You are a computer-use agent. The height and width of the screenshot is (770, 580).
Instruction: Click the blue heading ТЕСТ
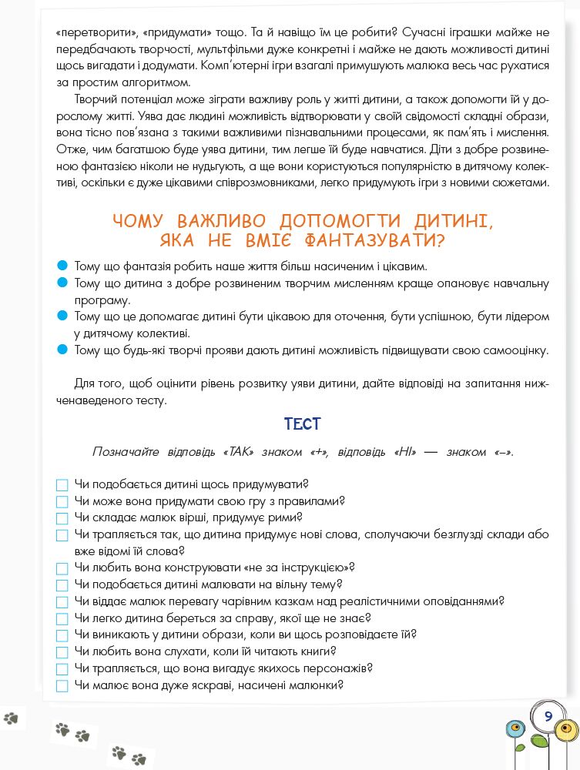(x=302, y=424)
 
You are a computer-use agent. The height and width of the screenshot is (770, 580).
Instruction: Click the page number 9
(x=548, y=716)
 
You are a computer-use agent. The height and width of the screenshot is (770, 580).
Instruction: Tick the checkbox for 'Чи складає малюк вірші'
(x=62, y=519)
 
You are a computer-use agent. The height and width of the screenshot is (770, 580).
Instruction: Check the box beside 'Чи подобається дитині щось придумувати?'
(x=62, y=485)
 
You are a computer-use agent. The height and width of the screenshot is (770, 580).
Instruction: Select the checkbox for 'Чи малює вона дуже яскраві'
(x=62, y=686)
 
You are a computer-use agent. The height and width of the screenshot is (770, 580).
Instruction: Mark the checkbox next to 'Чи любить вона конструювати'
(x=62, y=568)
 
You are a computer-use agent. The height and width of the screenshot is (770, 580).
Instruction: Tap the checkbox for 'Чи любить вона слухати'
(x=62, y=653)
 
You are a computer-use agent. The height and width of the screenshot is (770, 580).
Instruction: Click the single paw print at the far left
(x=10, y=718)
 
